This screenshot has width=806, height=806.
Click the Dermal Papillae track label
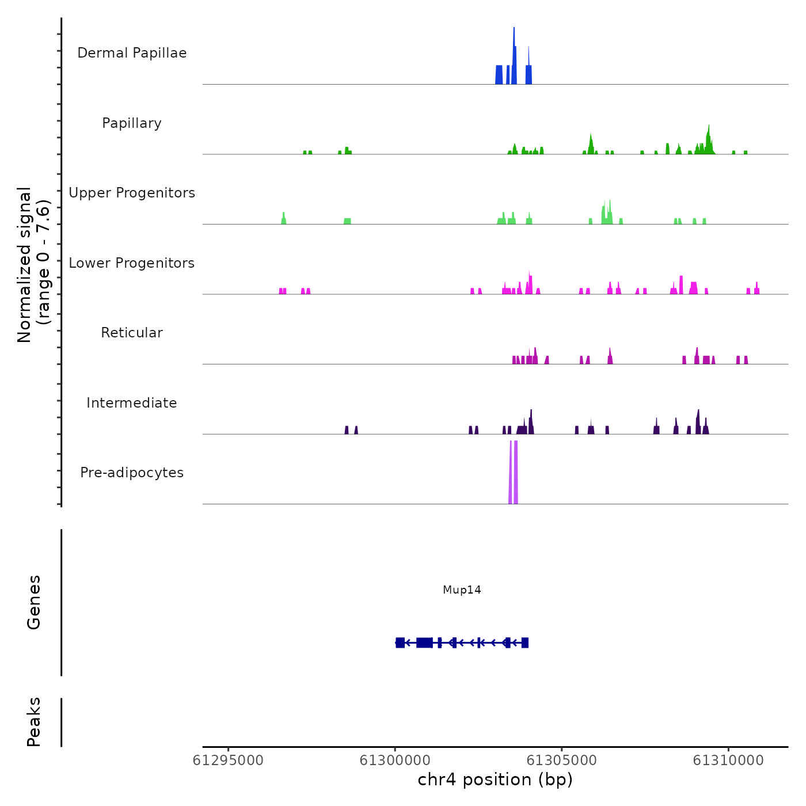(x=132, y=53)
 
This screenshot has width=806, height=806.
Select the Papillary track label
(x=132, y=123)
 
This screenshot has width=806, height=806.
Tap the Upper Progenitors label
(x=132, y=193)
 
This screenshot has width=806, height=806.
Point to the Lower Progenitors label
(x=132, y=263)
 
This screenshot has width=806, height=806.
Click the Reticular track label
(x=132, y=333)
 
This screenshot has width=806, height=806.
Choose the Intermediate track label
(x=132, y=403)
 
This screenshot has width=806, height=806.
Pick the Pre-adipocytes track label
(x=132, y=473)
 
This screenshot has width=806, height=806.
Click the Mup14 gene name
(x=462, y=590)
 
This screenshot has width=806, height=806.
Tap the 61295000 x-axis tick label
(x=228, y=761)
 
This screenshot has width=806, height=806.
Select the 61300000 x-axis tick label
(x=395, y=761)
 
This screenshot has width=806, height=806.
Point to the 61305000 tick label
(x=562, y=761)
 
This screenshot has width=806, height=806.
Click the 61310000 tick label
(x=728, y=761)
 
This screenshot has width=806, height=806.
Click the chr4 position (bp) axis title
(x=495, y=780)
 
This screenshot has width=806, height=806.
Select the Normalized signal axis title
(x=33, y=265)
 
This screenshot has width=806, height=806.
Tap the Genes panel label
(x=34, y=602)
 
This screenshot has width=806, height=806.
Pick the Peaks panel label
(x=34, y=722)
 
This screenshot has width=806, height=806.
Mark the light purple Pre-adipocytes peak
(x=514, y=472)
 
